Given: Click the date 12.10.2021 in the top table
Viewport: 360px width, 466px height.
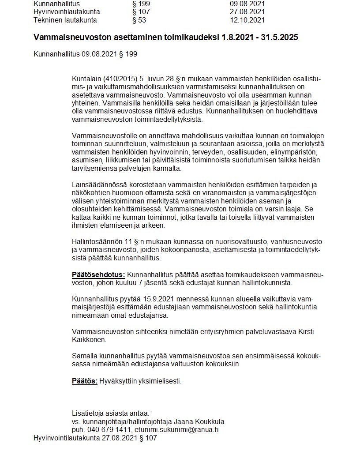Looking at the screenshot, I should [247, 20].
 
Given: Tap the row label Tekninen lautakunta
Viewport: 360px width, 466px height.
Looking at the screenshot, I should [65, 20].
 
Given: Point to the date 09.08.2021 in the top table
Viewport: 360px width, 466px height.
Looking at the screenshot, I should [247, 4].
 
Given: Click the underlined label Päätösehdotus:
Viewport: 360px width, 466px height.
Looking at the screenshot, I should [98, 275].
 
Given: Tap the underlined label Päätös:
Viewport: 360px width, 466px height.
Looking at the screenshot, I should [85, 381].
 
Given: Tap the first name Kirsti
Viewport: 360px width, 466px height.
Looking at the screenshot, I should [311, 331].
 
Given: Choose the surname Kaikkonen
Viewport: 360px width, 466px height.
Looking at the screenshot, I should [88, 339].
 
